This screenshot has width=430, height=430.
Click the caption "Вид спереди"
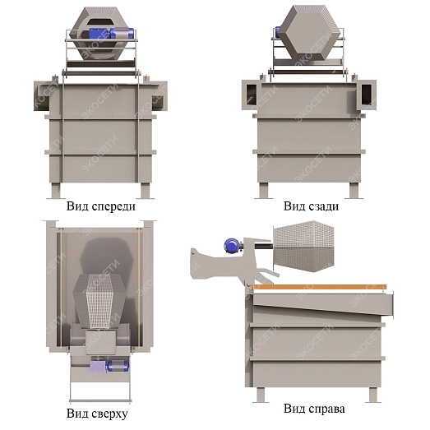coord(101,206)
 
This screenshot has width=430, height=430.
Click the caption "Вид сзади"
coord(311,206)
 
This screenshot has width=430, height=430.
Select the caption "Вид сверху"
coord(97,414)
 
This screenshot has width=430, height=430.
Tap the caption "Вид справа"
coord(314,409)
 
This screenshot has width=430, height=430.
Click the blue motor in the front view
coord(111,33)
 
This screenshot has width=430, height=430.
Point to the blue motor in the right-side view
coord(233,246)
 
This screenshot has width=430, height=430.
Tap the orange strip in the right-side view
coord(319,287)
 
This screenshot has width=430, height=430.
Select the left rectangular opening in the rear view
coord(252,95)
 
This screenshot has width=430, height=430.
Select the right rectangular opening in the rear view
coord(367,95)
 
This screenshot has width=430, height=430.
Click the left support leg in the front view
coord(55,191)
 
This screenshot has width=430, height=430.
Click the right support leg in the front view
coord(146,191)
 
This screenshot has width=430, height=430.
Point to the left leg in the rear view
coord(263,190)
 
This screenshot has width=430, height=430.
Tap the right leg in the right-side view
coord(373,395)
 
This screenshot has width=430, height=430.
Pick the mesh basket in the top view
coord(99,301)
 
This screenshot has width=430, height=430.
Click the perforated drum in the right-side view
coord(304,246)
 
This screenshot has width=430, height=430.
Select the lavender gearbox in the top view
coord(98,367)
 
